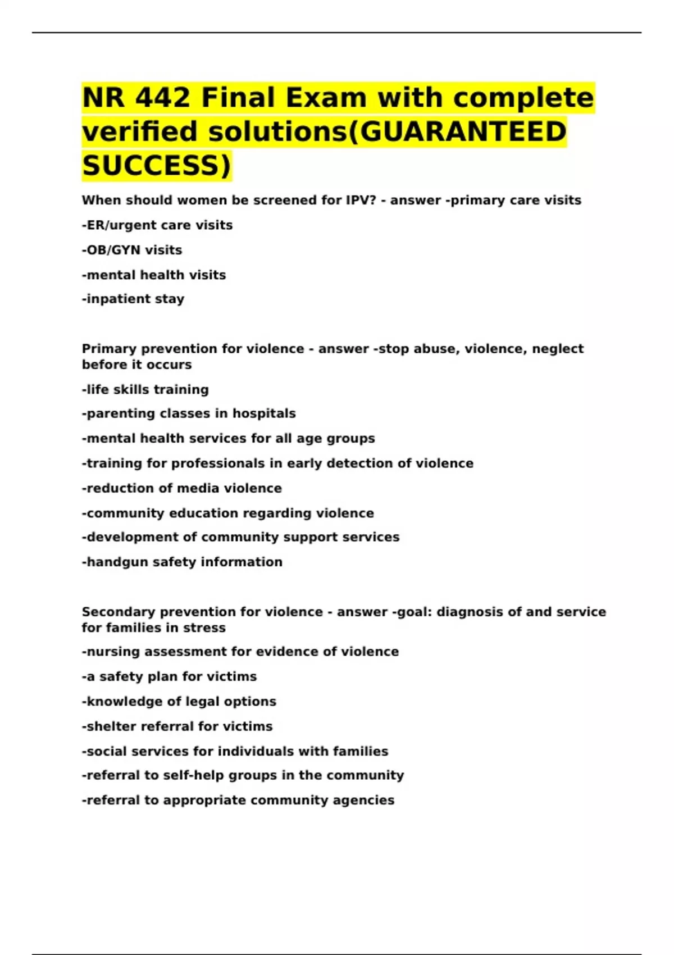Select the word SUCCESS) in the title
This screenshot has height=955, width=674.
[x=156, y=165]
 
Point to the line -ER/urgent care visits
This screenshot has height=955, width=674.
[x=157, y=225]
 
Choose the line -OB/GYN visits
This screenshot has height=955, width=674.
[x=132, y=250]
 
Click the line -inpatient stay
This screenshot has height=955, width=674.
[x=133, y=299]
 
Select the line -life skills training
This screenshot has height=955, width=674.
[x=145, y=389]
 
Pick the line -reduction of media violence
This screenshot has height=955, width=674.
[x=182, y=488]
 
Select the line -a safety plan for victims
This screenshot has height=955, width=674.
[x=170, y=676]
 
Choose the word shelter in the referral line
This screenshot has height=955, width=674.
[x=111, y=726]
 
